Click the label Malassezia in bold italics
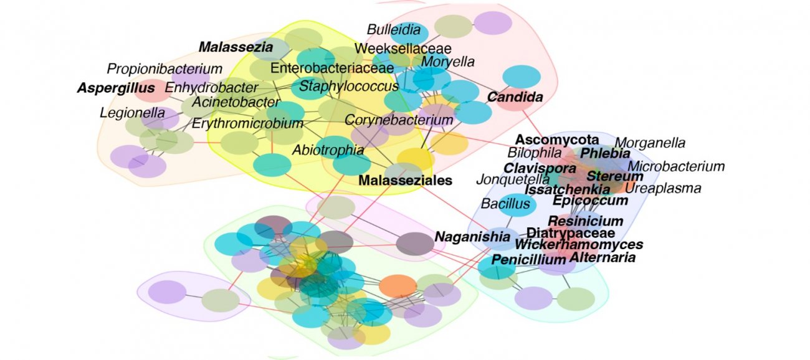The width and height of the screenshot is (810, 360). click(x=236, y=47)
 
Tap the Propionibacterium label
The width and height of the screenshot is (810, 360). click(x=164, y=69)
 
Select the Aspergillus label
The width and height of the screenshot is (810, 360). click(x=115, y=88)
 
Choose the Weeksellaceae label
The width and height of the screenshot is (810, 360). click(x=403, y=48)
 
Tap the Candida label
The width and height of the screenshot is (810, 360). click(x=515, y=97)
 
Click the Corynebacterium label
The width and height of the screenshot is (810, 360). click(x=399, y=120)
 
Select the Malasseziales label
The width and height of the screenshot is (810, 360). click(x=405, y=180)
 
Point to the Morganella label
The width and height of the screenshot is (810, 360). click(x=650, y=143)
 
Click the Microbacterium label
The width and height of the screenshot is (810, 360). click(x=676, y=166)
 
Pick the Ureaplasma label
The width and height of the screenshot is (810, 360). click(x=663, y=188)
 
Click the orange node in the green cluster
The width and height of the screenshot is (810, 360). click(x=398, y=286)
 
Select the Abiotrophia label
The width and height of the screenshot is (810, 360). click(x=328, y=149)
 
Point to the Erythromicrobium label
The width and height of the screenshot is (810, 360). click(x=247, y=123)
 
